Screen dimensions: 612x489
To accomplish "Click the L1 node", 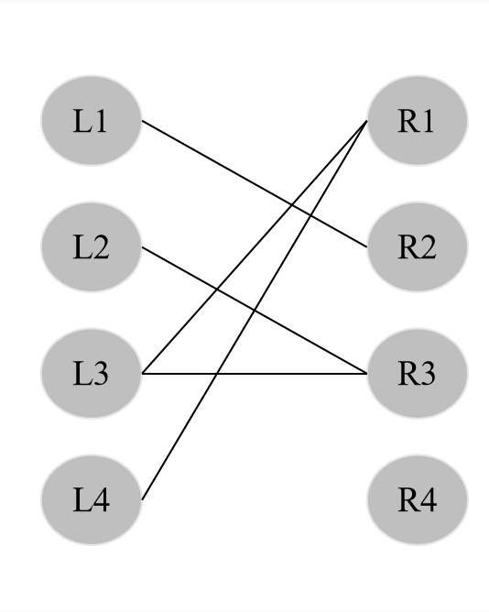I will pyautogui.click(x=91, y=121).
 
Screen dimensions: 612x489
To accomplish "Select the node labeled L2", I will pyautogui.click(x=91, y=247).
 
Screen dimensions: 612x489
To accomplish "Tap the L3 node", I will pyautogui.click(x=91, y=374).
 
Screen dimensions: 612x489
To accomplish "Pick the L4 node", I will pyautogui.click(x=91, y=500).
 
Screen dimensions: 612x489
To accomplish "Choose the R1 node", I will pyautogui.click(x=417, y=121).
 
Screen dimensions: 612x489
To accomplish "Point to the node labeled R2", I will pyautogui.click(x=417, y=247).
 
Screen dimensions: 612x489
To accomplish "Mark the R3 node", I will pyautogui.click(x=417, y=374).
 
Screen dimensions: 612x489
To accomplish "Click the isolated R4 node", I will pyautogui.click(x=417, y=500).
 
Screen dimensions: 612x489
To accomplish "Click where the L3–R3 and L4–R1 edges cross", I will pyautogui.click(x=216, y=374).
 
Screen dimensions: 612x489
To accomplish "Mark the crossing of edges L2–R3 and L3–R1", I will pyautogui.click(x=216, y=290).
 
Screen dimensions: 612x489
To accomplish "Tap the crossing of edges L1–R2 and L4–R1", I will pyautogui.click(x=310, y=215).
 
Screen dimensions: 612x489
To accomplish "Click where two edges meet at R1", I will pyautogui.click(x=366, y=121).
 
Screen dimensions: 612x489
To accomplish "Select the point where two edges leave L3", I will pyautogui.click(x=142, y=374).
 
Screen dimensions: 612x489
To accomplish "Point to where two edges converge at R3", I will pyautogui.click(x=366, y=374).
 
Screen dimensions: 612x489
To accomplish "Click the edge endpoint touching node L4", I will pyautogui.click(x=142, y=499).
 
